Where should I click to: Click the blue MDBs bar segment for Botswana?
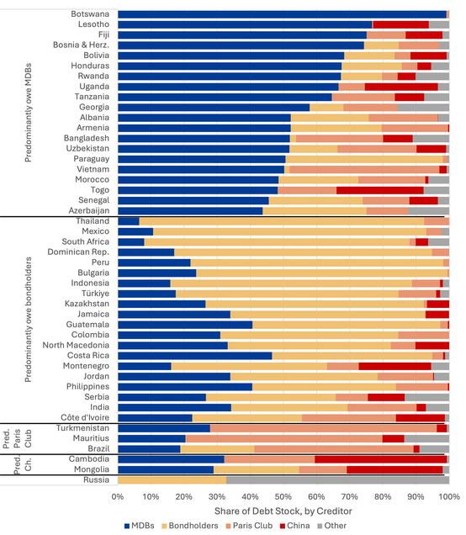click(x=282, y=14)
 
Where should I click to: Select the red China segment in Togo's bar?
click(x=380, y=190)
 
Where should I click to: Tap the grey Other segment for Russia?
click(x=338, y=480)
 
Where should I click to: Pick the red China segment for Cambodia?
click(x=381, y=459)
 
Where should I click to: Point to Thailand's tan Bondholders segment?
click(x=282, y=221)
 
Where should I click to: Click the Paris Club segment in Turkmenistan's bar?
click(x=323, y=428)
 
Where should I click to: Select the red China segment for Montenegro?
click(x=395, y=366)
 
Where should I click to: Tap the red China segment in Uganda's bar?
click(x=401, y=87)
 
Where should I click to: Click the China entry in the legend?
click(x=294, y=526)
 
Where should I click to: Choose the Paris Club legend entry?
click(x=249, y=526)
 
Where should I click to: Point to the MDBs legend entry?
click(x=139, y=526)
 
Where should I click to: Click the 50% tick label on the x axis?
click(x=283, y=497)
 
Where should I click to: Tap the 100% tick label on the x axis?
click(x=449, y=497)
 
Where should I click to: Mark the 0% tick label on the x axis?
click(x=118, y=497)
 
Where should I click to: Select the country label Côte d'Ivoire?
click(x=85, y=417)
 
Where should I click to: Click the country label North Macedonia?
click(x=76, y=345)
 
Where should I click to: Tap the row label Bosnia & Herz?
click(x=82, y=45)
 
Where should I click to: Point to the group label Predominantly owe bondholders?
click(x=29, y=320)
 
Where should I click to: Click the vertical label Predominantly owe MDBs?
click(x=29, y=113)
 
